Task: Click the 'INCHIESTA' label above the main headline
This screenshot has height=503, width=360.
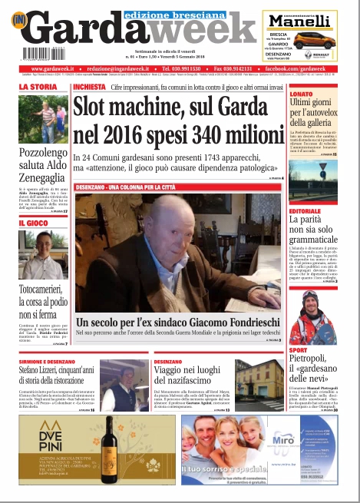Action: click(x=89, y=88)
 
